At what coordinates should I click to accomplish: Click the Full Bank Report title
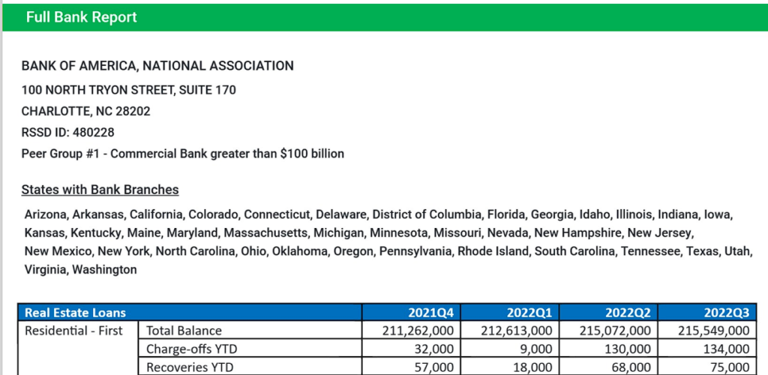81,17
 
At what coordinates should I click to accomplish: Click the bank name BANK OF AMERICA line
157,66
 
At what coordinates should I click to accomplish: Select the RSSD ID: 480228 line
67,132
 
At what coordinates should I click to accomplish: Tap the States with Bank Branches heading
100,190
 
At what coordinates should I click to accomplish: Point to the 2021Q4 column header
430,312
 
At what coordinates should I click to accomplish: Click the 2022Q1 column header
529,312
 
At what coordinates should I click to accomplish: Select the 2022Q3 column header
725,312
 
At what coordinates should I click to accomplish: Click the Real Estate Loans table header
75,312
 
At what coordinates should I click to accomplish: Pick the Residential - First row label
75,330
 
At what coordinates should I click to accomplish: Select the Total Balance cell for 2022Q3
712,331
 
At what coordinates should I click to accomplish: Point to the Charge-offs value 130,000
628,349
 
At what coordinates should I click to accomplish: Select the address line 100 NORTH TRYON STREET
128,90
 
